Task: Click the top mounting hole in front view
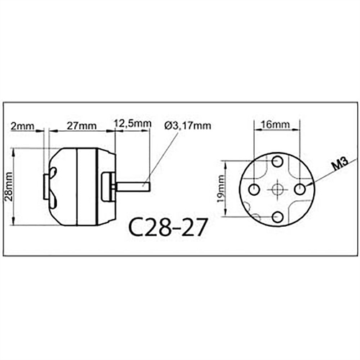pyautogui.click(x=278, y=160)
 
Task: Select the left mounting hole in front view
pyautogui.click(x=253, y=188)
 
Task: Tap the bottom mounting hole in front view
pyautogui.click(x=278, y=215)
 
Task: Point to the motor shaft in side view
pyautogui.click(x=134, y=186)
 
